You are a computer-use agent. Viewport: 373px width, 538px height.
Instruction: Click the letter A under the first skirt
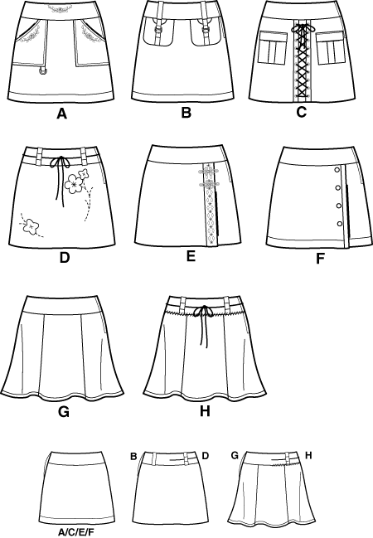click(x=62, y=114)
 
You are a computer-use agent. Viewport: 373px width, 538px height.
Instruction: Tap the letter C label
click(x=301, y=112)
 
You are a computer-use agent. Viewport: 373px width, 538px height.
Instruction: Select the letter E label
click(x=191, y=255)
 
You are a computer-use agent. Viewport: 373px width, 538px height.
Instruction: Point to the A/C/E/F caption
click(x=75, y=532)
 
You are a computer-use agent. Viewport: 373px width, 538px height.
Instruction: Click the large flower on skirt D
click(x=74, y=183)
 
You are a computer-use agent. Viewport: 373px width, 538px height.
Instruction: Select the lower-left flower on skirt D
click(x=31, y=226)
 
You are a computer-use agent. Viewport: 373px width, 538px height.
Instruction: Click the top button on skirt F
click(x=337, y=169)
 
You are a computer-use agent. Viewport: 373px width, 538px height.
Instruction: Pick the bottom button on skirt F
click(x=340, y=224)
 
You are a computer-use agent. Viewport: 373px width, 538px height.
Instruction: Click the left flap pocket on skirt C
click(x=273, y=47)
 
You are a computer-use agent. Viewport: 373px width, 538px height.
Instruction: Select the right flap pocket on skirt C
click(x=330, y=47)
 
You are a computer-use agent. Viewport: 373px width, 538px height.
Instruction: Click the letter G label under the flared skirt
click(x=64, y=410)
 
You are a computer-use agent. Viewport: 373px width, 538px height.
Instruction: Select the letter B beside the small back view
click(x=133, y=456)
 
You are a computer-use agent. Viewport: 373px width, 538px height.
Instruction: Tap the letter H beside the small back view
click(x=308, y=455)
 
